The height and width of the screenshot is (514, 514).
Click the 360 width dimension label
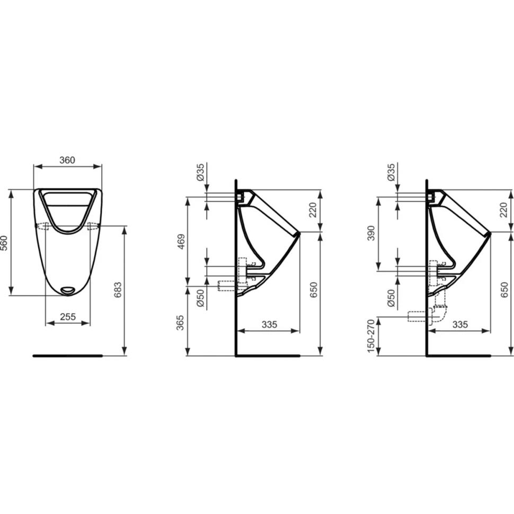[67, 160]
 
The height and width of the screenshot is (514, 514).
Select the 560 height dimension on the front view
[5, 242]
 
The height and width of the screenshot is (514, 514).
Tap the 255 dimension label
[67, 317]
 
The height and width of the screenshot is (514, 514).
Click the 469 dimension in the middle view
[181, 241]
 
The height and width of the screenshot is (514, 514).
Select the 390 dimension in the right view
[371, 233]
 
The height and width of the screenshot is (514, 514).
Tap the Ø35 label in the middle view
[200, 173]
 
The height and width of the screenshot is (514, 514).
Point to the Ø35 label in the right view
[391, 173]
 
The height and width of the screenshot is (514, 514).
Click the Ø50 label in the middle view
[200, 298]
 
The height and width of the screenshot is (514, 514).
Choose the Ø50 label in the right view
[391, 298]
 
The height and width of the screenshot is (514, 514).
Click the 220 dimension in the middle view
[313, 210]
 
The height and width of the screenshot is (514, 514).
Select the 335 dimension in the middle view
[269, 324]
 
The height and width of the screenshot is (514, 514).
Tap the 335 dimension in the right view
[460, 324]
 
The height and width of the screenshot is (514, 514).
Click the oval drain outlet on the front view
[68, 290]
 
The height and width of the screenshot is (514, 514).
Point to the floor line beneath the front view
[67, 356]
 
